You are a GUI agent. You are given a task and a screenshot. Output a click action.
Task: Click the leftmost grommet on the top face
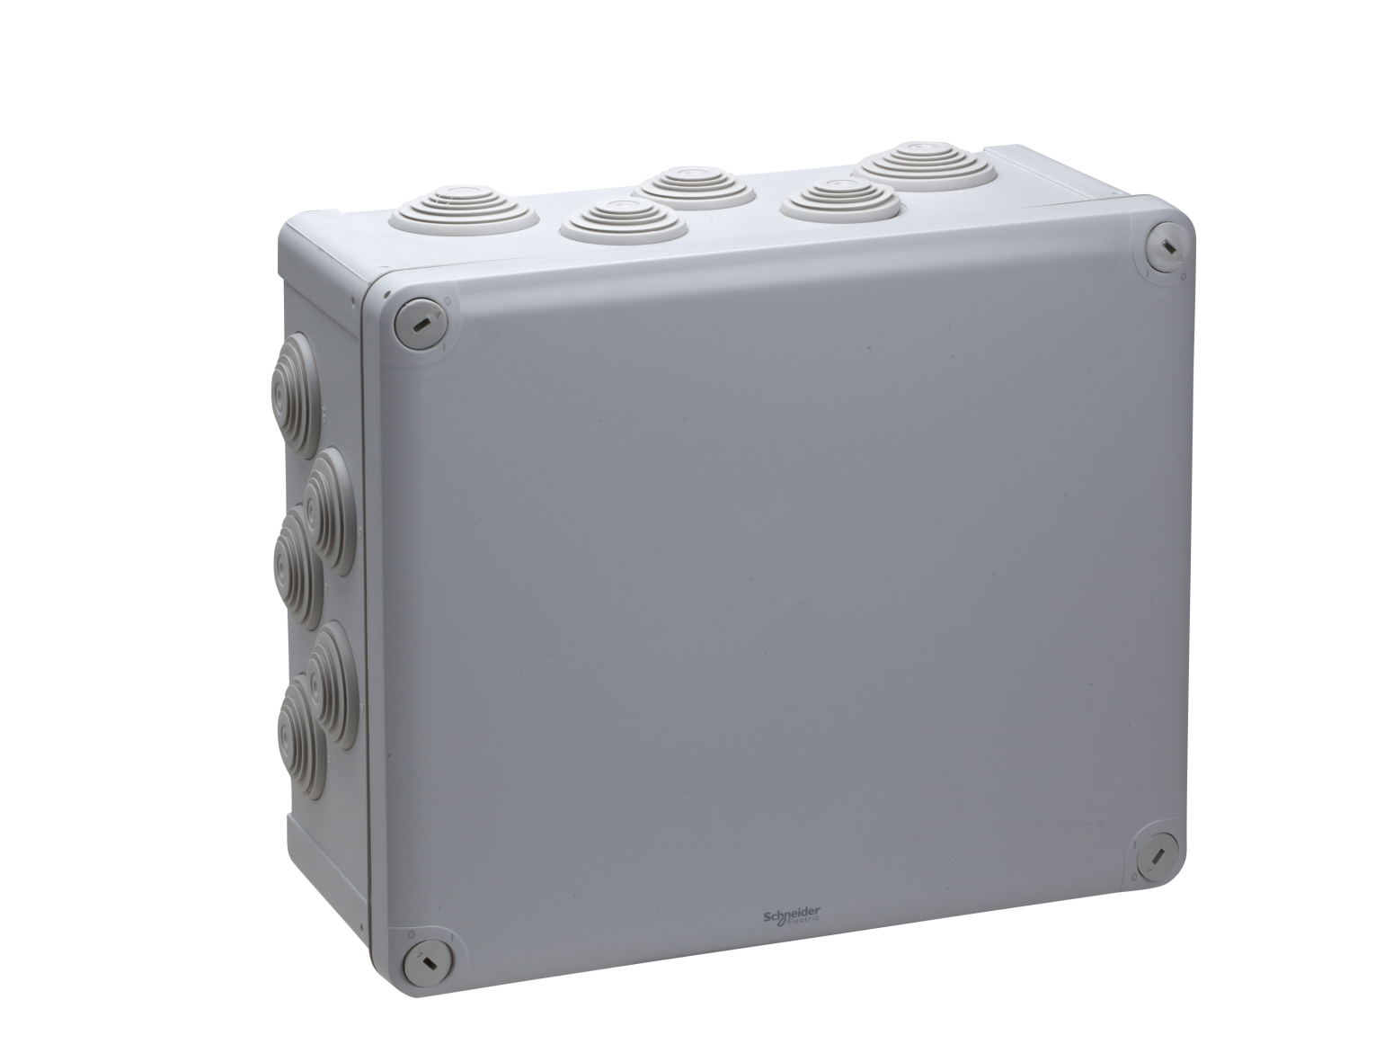click(x=464, y=210)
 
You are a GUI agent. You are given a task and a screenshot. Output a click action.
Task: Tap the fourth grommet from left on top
click(x=840, y=199)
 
